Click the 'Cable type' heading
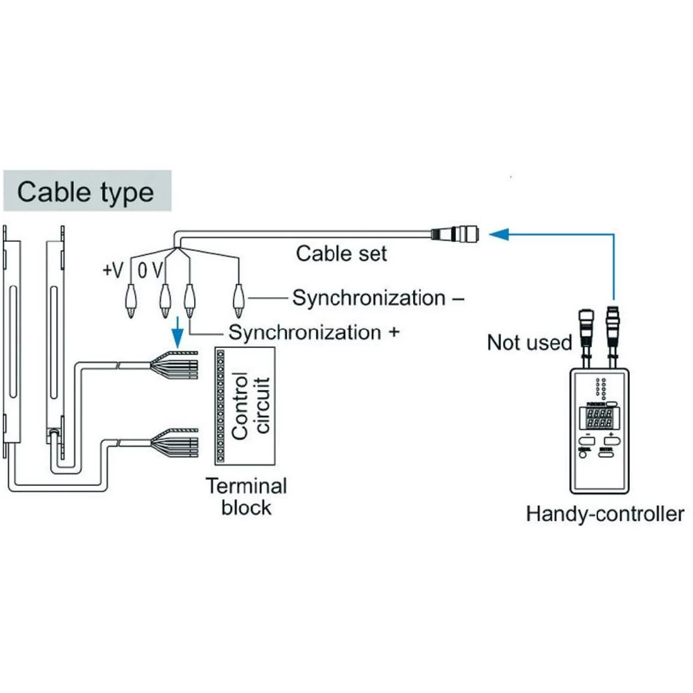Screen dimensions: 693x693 coord(85,191)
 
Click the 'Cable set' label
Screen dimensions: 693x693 coord(341,253)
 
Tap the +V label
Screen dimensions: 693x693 coord(113,271)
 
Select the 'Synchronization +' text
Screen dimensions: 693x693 coord(315,333)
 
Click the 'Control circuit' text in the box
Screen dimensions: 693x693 coord(249,406)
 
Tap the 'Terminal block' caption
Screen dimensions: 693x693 coord(246,496)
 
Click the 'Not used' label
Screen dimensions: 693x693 coord(529,342)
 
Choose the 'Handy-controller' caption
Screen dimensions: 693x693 coord(605,514)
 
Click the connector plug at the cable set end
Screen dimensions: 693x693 coord(455,234)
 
